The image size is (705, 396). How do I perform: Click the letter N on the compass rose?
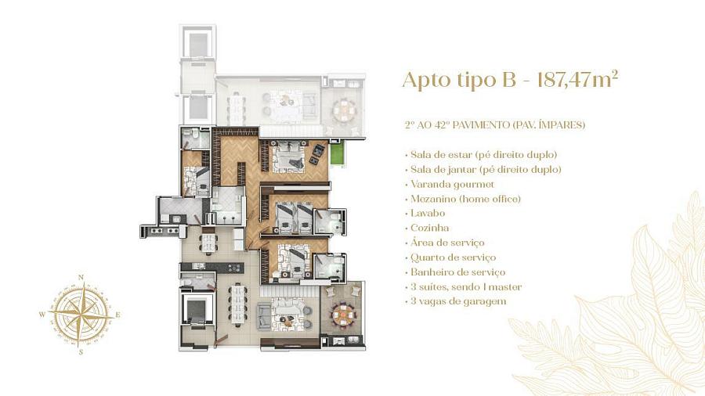click(81, 278)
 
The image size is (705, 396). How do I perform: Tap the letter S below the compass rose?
click(81, 352)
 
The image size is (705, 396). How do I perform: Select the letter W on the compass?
click(43, 315)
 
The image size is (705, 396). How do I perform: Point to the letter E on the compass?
click(117, 315)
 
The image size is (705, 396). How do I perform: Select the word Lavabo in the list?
click(428, 214)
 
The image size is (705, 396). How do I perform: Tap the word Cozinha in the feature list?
click(429, 228)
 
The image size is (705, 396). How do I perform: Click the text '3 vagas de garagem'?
click(458, 301)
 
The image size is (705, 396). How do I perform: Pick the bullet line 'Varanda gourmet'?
click(452, 185)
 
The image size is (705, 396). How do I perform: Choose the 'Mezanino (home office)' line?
click(465, 199)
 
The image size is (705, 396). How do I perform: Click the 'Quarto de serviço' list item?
click(453, 257)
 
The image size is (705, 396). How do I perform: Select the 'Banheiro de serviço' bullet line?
click(457, 272)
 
